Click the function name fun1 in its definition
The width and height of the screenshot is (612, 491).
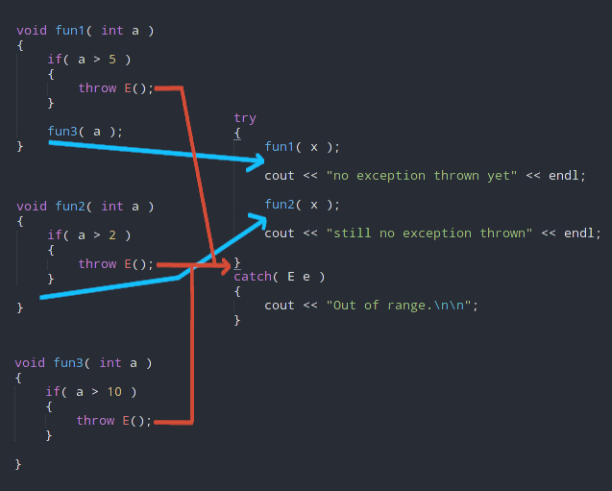pos(71,31)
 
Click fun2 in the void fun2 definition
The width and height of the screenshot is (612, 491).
pos(71,206)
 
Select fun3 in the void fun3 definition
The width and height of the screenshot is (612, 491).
pos(69,362)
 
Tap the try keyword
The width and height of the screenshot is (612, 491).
pos(245,118)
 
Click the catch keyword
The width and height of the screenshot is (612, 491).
pos(252,277)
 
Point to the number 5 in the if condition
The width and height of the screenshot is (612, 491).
pos(112,60)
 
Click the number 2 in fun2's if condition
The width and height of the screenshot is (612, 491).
pos(112,234)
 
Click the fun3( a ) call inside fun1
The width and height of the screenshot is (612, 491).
pos(85,132)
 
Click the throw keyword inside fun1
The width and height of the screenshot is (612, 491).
pos(97,88)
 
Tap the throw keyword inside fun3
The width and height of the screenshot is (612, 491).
pos(95,420)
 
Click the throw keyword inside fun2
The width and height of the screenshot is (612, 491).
pos(97,263)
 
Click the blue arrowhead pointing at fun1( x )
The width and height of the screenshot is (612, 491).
pos(257,160)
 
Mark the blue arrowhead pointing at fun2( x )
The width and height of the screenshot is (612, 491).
pos(258,220)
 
